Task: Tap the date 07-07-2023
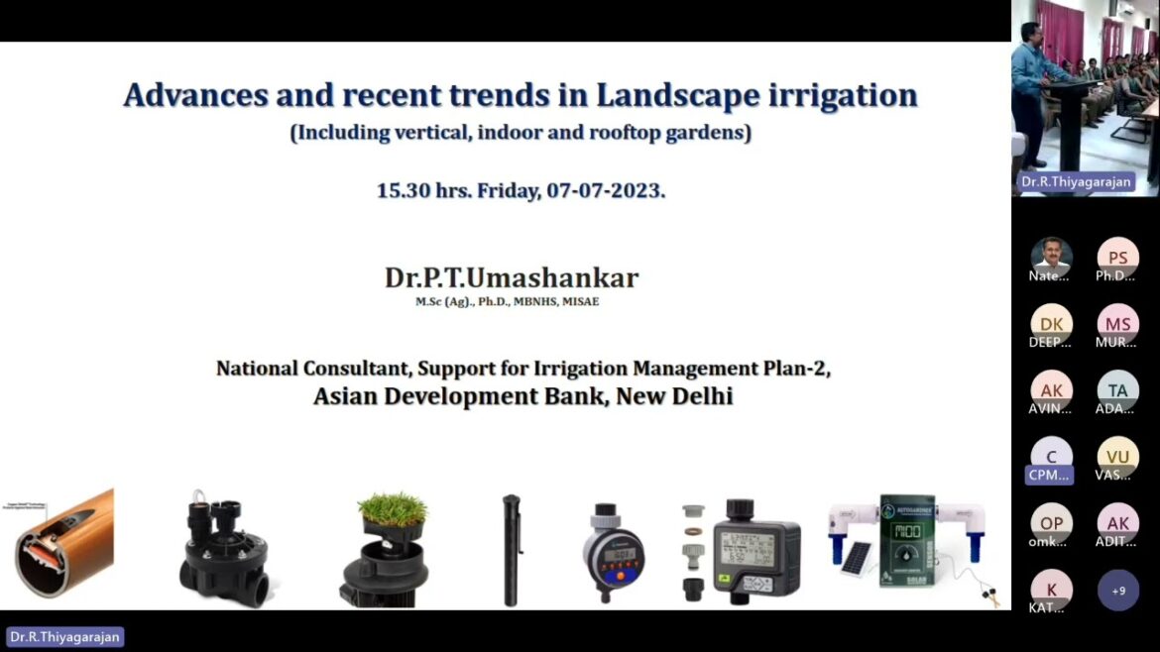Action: click(606, 190)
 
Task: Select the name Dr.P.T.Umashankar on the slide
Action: click(512, 277)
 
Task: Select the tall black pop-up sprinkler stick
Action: click(511, 549)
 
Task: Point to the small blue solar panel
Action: click(856, 559)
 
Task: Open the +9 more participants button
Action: click(1118, 591)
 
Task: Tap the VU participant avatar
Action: click(1118, 457)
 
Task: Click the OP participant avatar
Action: click(1051, 524)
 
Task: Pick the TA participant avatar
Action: click(1118, 390)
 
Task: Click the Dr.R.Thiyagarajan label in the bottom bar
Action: click(65, 637)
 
